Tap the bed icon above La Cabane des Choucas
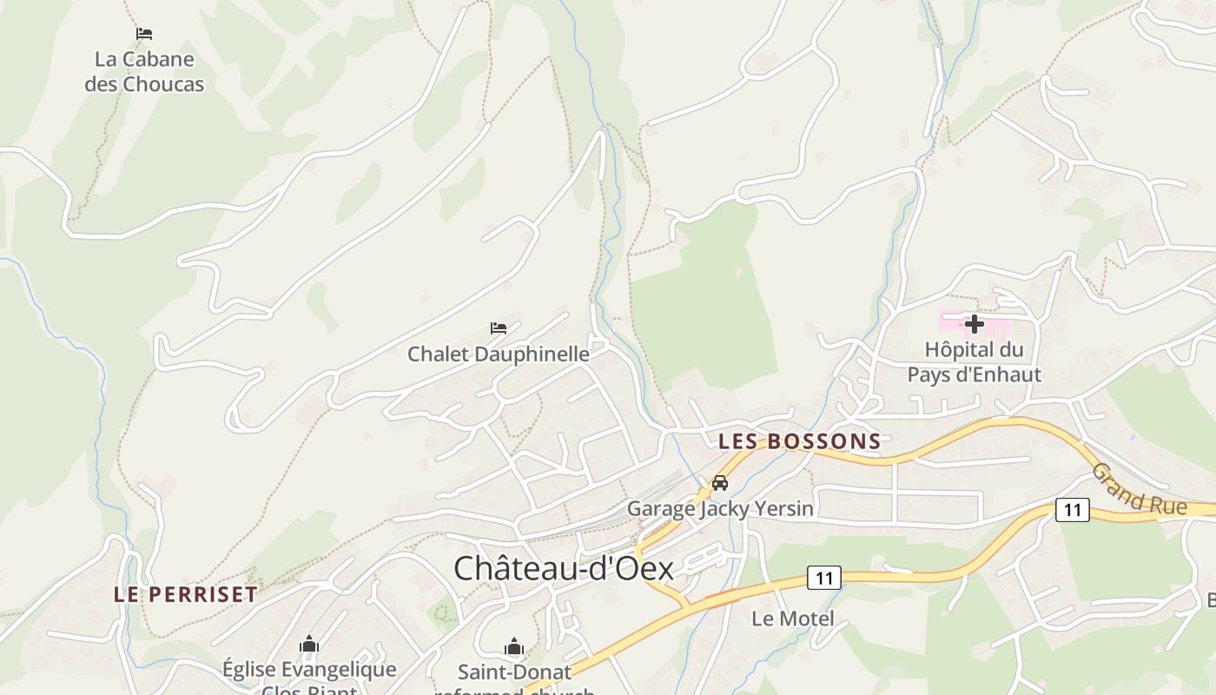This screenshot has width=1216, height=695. click(144, 34)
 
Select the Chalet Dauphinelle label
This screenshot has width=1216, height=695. click(499, 354)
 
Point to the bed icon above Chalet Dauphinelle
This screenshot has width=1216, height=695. click(499, 328)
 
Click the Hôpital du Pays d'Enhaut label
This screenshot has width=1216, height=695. click(974, 362)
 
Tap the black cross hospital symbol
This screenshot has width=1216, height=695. click(975, 324)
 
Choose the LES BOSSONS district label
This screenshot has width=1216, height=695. click(800, 441)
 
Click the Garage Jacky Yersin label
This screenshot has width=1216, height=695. click(720, 508)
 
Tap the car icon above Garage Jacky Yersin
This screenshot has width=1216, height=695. click(720, 483)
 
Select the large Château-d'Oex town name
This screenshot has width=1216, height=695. click(564, 568)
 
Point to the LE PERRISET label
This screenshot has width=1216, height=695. click(186, 595)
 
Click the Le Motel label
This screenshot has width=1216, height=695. click(792, 619)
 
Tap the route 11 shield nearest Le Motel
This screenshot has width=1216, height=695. click(824, 578)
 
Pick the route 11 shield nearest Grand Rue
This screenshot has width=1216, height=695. click(1073, 510)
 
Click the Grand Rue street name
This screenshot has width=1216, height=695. click(1138, 489)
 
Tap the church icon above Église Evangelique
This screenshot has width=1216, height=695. click(309, 645)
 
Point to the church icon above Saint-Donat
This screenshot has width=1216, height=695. click(514, 647)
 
